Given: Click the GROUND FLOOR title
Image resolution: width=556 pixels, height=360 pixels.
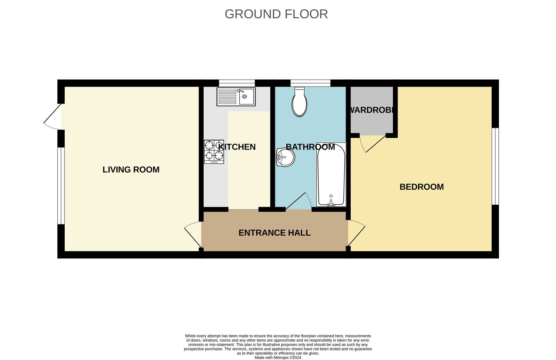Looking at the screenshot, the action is click(276, 14).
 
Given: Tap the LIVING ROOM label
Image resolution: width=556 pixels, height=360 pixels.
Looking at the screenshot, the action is click(131, 170).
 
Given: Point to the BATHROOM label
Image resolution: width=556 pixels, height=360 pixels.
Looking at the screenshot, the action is click(310, 147).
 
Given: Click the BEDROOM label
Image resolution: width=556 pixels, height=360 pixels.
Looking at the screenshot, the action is click(422, 187).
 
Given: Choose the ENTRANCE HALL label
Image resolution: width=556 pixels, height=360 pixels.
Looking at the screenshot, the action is click(274, 232).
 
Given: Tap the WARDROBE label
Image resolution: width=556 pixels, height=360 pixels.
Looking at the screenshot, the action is click(371, 110).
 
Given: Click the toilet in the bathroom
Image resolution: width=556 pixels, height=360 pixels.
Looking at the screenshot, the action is click(299, 101).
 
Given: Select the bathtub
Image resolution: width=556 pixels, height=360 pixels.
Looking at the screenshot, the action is click(331, 174).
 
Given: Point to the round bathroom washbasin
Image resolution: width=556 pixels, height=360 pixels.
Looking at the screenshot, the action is click(285, 157).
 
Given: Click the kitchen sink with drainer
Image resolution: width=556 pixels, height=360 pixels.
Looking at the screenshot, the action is click(236, 97).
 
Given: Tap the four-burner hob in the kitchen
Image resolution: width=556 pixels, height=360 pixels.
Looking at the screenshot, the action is click(214, 152).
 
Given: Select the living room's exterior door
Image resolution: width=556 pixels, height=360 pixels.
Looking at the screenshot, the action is click(52, 117).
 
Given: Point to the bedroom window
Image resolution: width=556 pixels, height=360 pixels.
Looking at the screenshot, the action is click(495, 166).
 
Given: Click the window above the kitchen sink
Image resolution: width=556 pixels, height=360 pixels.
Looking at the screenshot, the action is click(237, 83).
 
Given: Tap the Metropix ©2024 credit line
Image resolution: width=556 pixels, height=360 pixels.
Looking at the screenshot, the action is click(278, 358).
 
